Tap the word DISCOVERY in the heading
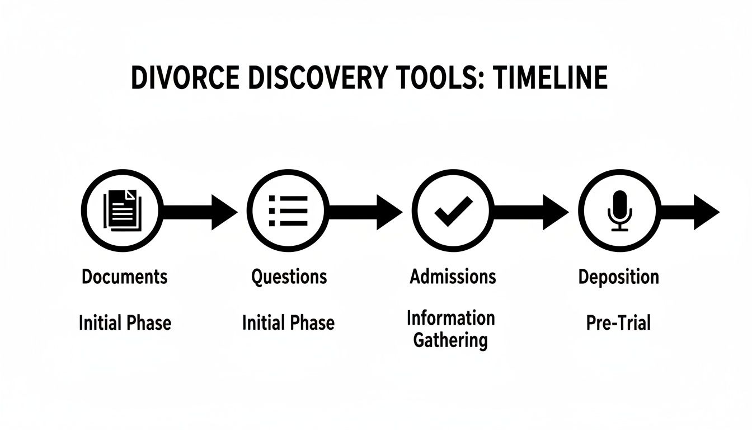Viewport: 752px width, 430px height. pyautogui.click(x=316, y=78)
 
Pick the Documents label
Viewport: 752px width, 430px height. pyautogui.click(x=124, y=277)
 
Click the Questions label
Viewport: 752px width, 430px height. pyautogui.click(x=289, y=277)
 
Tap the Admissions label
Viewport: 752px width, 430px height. pyautogui.click(x=453, y=277)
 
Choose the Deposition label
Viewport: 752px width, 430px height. pyautogui.click(x=618, y=277)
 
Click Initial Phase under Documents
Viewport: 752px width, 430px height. pyautogui.click(x=125, y=322)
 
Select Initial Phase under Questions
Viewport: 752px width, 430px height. pyautogui.click(x=288, y=322)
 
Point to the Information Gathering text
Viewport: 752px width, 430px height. pyautogui.click(x=450, y=329)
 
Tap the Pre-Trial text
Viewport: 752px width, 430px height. pyautogui.click(x=618, y=322)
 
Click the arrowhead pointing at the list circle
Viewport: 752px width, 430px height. pyautogui.click(x=223, y=212)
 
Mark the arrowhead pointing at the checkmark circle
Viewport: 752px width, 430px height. pyautogui.click(x=388, y=212)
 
